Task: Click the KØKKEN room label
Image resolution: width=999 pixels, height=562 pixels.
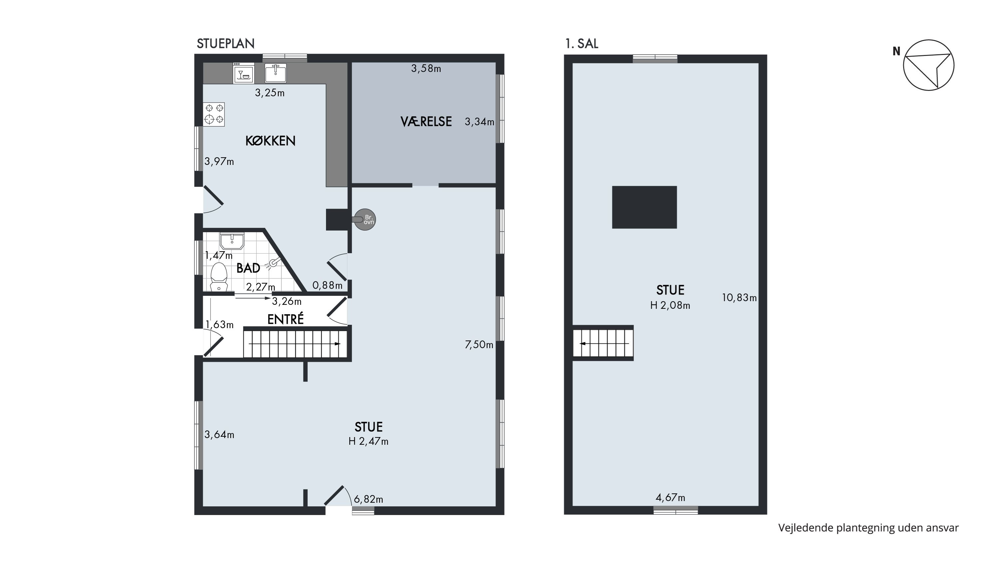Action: (270, 141)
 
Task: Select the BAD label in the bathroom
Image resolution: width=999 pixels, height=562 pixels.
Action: (248, 268)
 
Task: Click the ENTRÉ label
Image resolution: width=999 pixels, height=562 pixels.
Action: (285, 319)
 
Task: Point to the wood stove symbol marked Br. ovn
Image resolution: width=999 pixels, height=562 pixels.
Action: (365, 220)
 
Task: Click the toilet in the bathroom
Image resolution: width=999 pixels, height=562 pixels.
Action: (219, 277)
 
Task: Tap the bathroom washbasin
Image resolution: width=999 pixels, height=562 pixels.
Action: (232, 241)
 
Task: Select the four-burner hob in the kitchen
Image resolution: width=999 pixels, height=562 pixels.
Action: (214, 114)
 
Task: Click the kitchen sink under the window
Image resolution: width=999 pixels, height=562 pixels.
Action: (275, 73)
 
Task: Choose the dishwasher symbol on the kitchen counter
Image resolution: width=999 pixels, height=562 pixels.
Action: (243, 73)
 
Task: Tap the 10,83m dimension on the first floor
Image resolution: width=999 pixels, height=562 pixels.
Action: (739, 298)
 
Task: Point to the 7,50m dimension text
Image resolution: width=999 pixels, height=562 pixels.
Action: (479, 345)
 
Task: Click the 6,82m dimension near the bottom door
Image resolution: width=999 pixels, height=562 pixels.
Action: (368, 499)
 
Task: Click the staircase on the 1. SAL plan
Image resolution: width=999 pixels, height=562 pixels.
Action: (603, 343)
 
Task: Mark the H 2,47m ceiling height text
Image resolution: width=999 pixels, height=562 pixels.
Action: (368, 441)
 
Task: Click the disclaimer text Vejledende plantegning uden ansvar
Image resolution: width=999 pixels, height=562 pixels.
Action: (869, 528)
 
